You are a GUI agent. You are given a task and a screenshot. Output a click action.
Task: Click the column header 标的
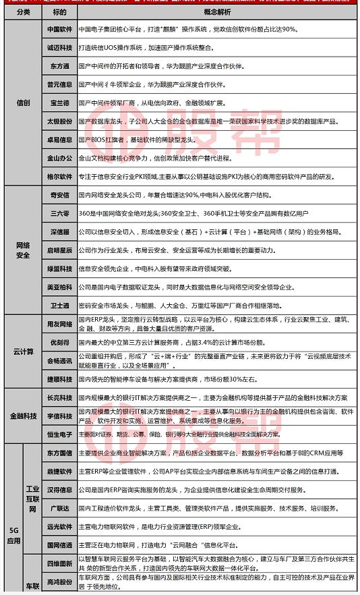[x=60, y=12]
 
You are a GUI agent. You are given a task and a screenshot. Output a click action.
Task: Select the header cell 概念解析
[x=217, y=12]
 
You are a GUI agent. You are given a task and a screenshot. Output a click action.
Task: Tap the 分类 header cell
[x=23, y=12]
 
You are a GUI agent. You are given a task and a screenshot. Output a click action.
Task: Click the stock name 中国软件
[x=60, y=30]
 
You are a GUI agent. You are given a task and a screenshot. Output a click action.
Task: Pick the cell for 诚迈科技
[x=60, y=49]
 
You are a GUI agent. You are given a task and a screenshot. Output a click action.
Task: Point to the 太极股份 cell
[x=60, y=121]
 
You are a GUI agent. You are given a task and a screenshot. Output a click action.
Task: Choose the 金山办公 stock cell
[x=60, y=158]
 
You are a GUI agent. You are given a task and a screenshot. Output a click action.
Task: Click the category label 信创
[x=23, y=103]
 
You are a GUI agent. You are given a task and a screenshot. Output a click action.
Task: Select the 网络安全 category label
[x=23, y=250]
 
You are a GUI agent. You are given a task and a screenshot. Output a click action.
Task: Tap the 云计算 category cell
[x=23, y=351]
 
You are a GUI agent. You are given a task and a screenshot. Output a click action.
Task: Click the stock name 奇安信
[x=60, y=195]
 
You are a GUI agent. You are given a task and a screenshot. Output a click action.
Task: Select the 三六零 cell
[x=60, y=213]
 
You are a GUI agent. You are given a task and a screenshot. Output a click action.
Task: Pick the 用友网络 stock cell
[x=60, y=323]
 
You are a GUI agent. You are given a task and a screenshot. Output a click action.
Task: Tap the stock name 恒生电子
[x=60, y=434]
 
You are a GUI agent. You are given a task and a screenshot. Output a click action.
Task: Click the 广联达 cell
[x=60, y=507]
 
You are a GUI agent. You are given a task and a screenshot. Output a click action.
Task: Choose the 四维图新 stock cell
[x=60, y=562]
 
